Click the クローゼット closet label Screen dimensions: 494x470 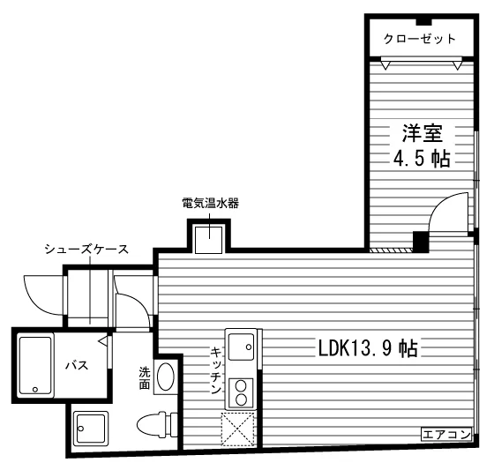pyautogui.click(x=419, y=39)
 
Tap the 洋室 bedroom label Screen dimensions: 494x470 pyautogui.click(x=422, y=133)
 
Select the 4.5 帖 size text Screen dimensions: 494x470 pyautogui.click(x=422, y=159)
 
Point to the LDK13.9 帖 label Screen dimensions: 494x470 pyautogui.click(x=368, y=348)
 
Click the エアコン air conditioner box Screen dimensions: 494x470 pyautogui.click(x=446, y=435)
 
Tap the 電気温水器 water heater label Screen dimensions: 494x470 pyautogui.click(x=211, y=203)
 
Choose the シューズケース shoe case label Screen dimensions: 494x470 pyautogui.click(x=86, y=250)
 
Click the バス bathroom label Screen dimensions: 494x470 pyautogui.click(x=77, y=365)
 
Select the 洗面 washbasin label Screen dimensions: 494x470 pyautogui.click(x=145, y=378)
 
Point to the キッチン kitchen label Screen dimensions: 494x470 pyautogui.click(x=216, y=369)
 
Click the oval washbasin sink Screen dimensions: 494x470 pyautogui.click(x=166, y=377)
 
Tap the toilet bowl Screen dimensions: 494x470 pyautogui.click(x=158, y=424)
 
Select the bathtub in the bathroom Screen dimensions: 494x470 pyautogui.click(x=35, y=365)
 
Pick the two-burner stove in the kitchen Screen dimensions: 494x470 pyautogui.click(x=241, y=392)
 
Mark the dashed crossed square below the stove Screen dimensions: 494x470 pyautogui.click(x=238, y=429)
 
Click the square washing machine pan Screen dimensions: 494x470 pyautogui.click(x=91, y=429)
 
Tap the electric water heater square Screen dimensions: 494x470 pyautogui.click(x=208, y=240)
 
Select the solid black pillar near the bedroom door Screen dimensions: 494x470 pyautogui.click(x=421, y=242)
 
